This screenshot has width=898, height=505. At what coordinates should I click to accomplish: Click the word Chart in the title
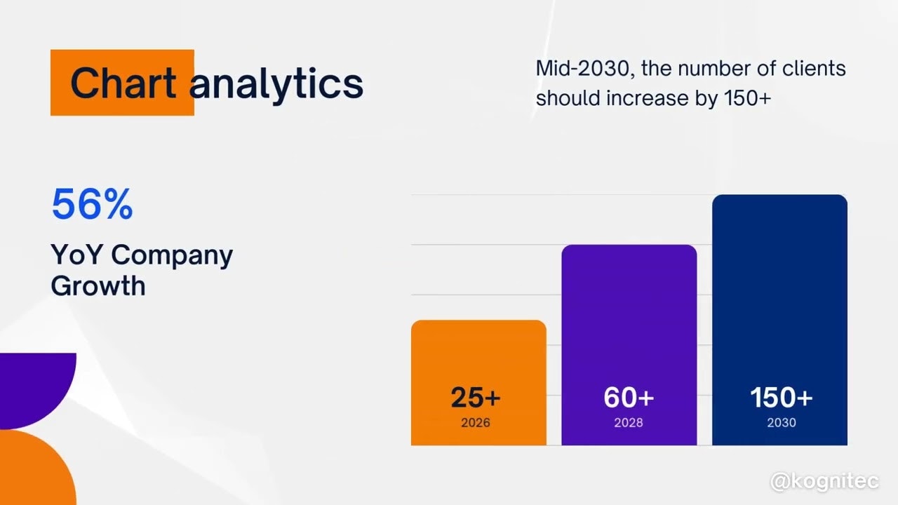tap(123, 83)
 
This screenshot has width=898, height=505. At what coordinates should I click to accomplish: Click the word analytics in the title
tap(276, 83)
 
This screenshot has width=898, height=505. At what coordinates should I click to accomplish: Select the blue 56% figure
tap(92, 204)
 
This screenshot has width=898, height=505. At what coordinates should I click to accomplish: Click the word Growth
tap(98, 286)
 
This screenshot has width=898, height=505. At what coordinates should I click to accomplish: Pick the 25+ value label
tap(476, 398)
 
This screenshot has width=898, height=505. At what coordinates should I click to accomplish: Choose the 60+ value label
tap(629, 398)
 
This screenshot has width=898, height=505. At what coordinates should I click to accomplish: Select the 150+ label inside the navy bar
tap(781, 398)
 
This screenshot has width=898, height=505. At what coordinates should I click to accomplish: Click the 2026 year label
tap(476, 423)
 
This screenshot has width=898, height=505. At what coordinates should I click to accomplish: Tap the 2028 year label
tap(629, 423)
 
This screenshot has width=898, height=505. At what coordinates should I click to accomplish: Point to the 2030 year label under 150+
tap(781, 423)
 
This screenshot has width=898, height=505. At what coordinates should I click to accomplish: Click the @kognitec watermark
tap(824, 482)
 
